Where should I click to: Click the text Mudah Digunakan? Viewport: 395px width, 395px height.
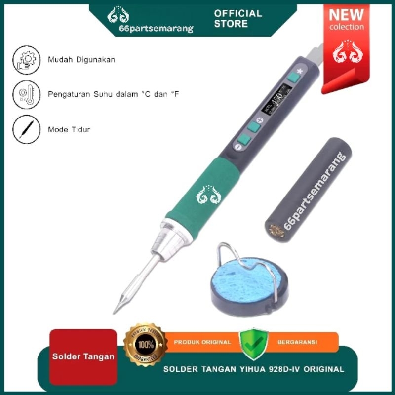(81, 60)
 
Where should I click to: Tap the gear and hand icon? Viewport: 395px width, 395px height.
(25, 60)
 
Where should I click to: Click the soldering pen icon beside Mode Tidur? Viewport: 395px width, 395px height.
(25, 129)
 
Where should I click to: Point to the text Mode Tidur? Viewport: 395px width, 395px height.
(69, 130)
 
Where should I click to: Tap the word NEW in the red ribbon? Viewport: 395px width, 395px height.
(346, 14)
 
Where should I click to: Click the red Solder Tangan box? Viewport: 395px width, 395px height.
(83, 356)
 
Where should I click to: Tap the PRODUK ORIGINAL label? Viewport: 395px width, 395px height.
(202, 342)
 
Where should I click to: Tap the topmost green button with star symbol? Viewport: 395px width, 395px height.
(294, 77)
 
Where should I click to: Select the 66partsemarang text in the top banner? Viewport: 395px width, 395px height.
(156, 29)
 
